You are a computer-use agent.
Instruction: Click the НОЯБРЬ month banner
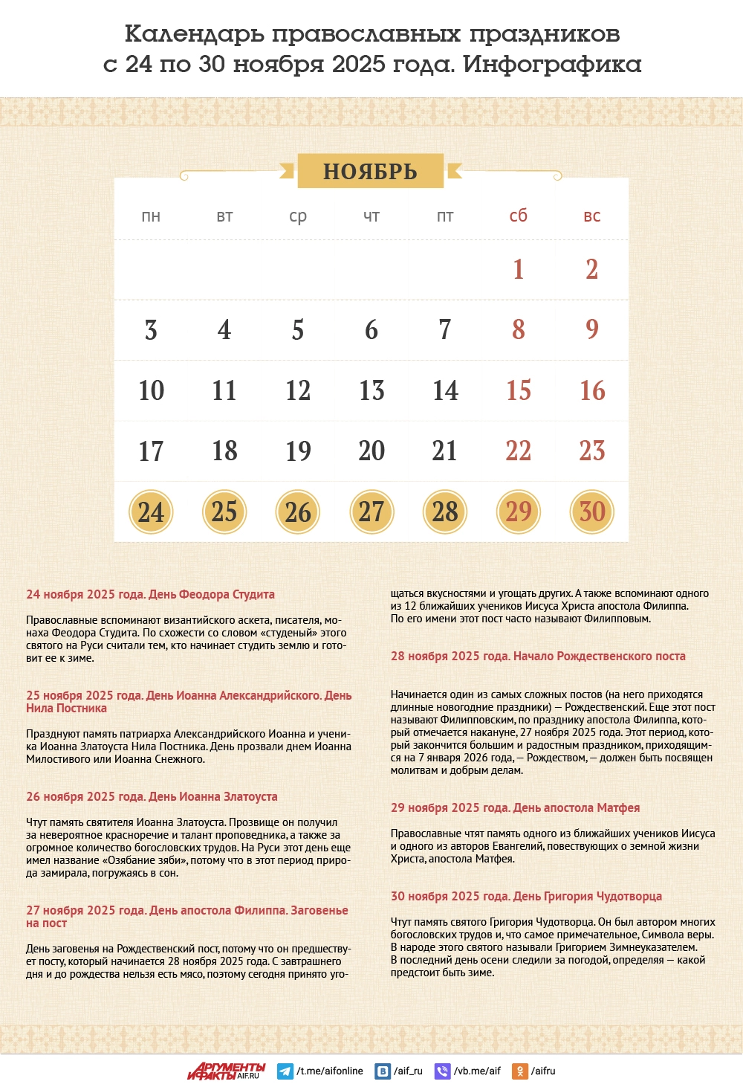pos(370,171)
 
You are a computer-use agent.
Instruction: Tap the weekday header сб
pos(518,216)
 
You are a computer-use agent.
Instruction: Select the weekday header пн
pos(151,216)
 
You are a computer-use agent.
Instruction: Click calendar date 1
pos(518,269)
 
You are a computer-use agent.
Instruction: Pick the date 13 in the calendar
pos(371,390)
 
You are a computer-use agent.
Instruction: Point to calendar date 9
pos(591,329)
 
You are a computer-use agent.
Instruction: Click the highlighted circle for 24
pos(151,512)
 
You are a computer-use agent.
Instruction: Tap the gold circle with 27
pos(371,512)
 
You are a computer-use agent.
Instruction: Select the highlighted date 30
pos(591,512)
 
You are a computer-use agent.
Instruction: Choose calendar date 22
pos(518,451)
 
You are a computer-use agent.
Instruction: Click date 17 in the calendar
pos(151,451)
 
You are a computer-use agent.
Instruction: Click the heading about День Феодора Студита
pos(150,595)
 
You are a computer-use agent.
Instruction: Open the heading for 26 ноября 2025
pos(152,797)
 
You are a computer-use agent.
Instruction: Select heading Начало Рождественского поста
pos(538,657)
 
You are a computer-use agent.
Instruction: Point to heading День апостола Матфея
pos(515,808)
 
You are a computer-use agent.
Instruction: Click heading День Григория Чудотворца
pos(526,897)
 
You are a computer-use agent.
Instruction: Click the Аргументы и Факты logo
pos(226,1071)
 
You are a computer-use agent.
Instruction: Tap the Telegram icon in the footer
pos(285,1071)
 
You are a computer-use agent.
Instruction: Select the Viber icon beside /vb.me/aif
pos(442,1071)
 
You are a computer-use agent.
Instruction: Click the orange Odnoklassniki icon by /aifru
pos(520,1071)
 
